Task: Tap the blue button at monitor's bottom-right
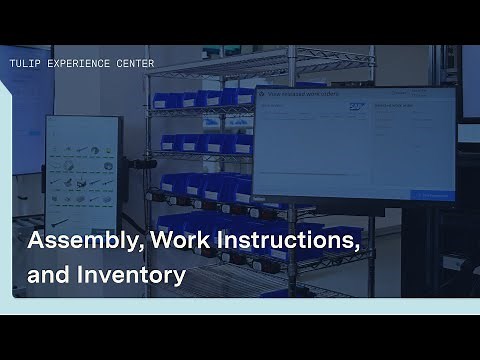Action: coord(433,195)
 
